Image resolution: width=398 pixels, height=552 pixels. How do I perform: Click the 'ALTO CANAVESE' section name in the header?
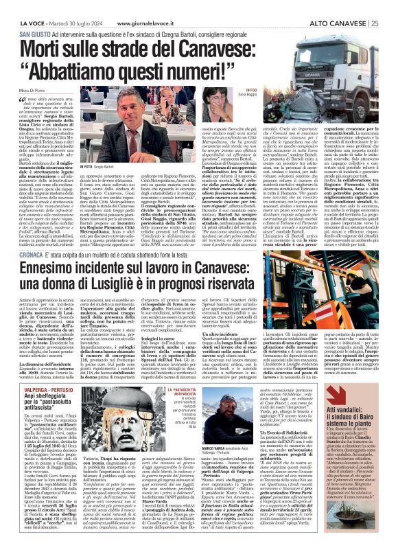[331, 5]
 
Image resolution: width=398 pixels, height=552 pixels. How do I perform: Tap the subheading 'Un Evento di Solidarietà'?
[292, 488]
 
